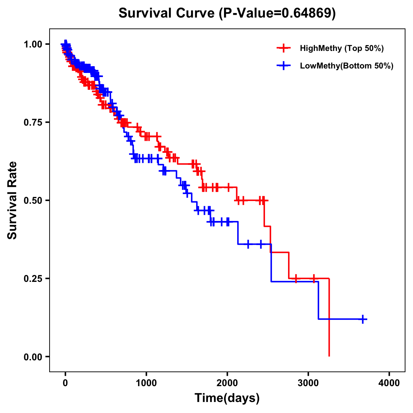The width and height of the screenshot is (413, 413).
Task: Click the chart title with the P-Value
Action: pos(227,13)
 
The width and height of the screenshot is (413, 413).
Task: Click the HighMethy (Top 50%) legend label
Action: pos(341,48)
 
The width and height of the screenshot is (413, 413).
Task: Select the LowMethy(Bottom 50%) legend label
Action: pos(346,66)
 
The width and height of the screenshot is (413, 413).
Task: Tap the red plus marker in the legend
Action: pos(284,48)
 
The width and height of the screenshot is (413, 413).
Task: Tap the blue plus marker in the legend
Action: pos(284,66)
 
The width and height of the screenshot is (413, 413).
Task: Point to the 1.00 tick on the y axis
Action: pos(34,44)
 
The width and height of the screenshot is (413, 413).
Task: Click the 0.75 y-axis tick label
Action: pos(34,123)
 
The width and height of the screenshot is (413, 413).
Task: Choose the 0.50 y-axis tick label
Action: pos(34,200)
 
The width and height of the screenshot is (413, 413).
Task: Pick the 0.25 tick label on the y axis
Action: pos(34,278)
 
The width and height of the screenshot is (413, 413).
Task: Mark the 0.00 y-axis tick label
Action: pos(34,357)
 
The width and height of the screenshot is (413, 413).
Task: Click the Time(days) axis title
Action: pos(227,398)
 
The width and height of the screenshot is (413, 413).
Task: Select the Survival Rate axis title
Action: pos(12,200)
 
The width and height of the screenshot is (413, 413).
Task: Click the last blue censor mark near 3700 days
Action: pos(363,319)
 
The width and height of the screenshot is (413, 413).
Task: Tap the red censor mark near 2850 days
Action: pos(296,278)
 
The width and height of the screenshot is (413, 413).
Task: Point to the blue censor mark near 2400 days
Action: pos(261,244)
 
